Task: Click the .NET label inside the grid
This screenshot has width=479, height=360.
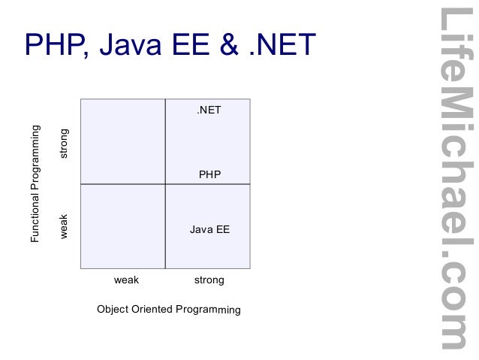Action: click(209, 110)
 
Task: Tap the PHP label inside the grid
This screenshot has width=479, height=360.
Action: click(209, 174)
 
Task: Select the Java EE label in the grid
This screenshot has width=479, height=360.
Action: click(209, 229)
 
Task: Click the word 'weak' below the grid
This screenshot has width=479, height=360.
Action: click(126, 280)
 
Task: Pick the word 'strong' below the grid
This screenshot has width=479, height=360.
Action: click(209, 280)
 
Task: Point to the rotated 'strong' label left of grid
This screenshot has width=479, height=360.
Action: click(64, 143)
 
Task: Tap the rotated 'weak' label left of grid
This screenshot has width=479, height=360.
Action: click(64, 226)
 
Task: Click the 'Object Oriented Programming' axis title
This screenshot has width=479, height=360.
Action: click(168, 309)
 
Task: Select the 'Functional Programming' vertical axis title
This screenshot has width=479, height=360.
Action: click(35, 183)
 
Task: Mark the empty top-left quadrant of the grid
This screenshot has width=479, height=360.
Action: click(122, 141)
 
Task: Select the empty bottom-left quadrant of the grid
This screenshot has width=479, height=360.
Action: click(122, 226)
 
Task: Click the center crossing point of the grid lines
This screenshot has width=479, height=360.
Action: click(165, 184)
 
